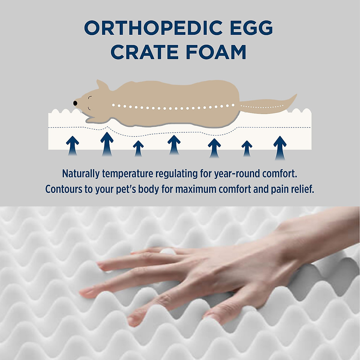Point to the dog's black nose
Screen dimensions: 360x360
click(75, 103)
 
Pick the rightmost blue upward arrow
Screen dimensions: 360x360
click(280, 148)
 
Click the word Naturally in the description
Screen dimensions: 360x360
click(81, 174)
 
